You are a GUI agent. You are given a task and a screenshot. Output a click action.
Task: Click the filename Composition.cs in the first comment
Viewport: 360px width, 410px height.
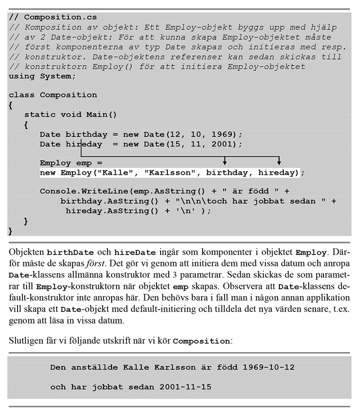point(60,18)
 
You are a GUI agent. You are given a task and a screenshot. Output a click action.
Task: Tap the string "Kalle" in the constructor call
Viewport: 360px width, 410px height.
point(115,173)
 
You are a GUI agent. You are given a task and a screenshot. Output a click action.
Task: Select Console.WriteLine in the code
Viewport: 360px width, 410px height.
point(84,191)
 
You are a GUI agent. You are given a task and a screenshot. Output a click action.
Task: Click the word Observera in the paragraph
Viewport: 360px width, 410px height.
point(242,286)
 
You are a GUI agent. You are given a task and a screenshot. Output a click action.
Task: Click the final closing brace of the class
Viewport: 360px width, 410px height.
point(10,231)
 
